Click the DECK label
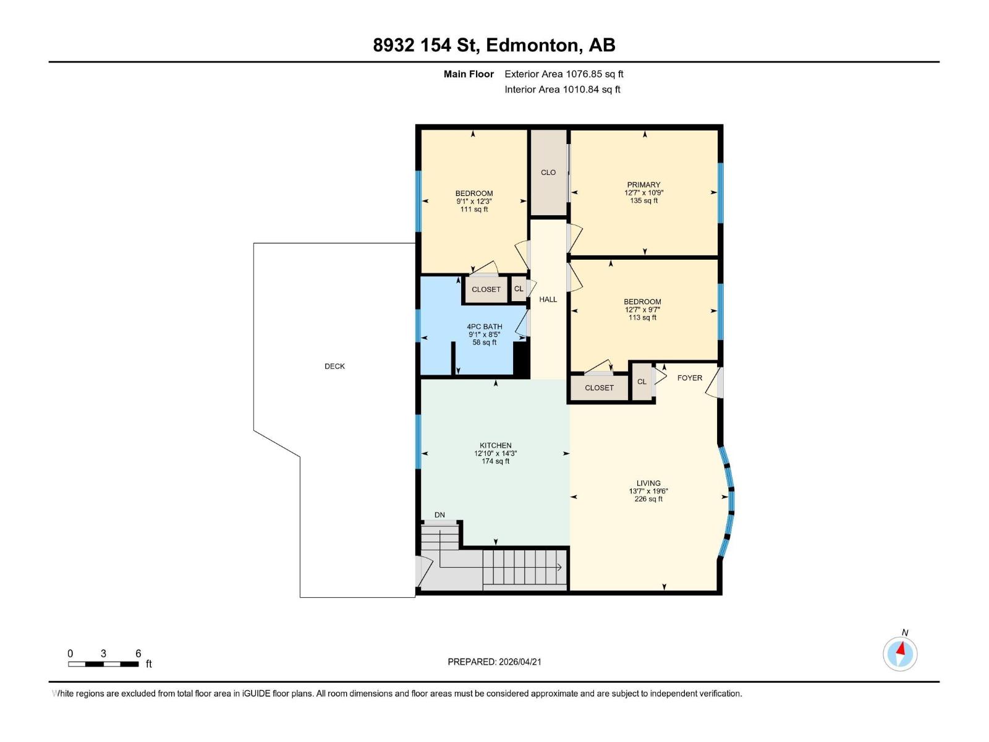click(x=334, y=366)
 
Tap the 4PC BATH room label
click(x=484, y=326)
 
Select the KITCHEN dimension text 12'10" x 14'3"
click(x=495, y=453)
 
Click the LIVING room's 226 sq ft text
click(x=648, y=499)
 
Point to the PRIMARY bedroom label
click(x=643, y=184)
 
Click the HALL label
click(x=548, y=299)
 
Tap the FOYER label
click(x=689, y=378)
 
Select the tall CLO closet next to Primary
click(x=548, y=173)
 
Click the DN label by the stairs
click(x=439, y=514)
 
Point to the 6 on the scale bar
click(x=138, y=653)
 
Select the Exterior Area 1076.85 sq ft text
click(x=564, y=74)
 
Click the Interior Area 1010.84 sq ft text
click(x=562, y=89)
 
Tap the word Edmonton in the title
click(x=533, y=45)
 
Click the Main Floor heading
click(x=469, y=74)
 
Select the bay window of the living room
click(x=728, y=500)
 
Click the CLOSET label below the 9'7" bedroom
click(x=599, y=388)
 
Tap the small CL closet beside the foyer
click(x=642, y=382)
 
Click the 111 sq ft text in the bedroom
click(x=473, y=209)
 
